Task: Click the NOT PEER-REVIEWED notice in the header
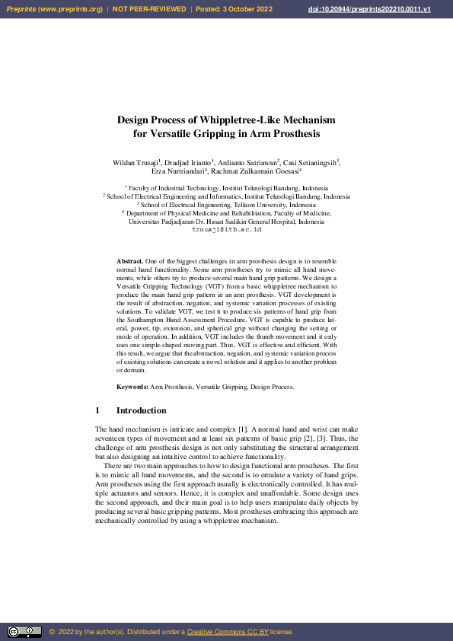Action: pyautogui.click(x=149, y=9)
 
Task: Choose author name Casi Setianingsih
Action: pyautogui.click(x=311, y=163)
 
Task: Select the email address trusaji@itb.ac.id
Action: pyautogui.click(x=226, y=229)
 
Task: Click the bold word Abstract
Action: pyautogui.click(x=129, y=261)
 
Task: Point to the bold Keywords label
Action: pyautogui.click(x=132, y=387)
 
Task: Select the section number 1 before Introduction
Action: pyautogui.click(x=97, y=411)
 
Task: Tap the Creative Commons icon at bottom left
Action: pyautogui.click(x=24, y=632)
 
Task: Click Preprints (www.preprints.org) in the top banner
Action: pyautogui.click(x=54, y=9)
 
